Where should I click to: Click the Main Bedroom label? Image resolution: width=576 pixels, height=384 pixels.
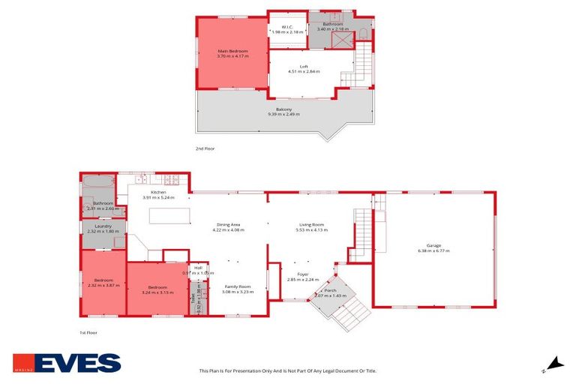pos(232,51)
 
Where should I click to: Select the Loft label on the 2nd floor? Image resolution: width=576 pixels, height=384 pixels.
pos(304,67)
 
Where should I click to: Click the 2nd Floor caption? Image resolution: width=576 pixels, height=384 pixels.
pos(205,148)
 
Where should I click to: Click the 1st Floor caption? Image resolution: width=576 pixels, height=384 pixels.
pos(88,332)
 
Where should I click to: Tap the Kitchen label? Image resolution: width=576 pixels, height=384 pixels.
pos(157,193)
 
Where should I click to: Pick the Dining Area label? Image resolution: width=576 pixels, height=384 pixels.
pos(228,225)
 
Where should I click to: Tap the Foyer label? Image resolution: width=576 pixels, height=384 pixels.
pos(303,274)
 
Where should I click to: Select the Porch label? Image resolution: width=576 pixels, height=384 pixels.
pos(329,292)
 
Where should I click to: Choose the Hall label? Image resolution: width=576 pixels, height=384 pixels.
pos(198,268)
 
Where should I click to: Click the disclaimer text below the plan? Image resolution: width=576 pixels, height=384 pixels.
pos(287,370)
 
